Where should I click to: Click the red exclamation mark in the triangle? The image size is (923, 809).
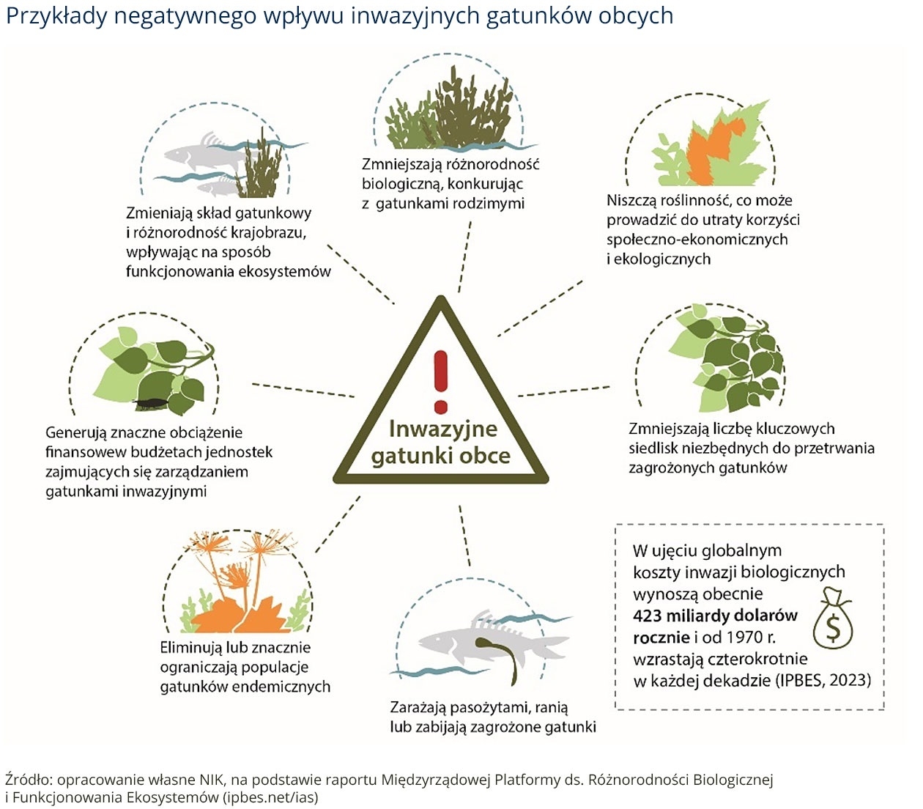pyautogui.click(x=440, y=382)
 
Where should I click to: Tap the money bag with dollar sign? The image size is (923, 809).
pyautogui.click(x=832, y=618)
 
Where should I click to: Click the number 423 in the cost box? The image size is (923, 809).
pyautogui.click(x=647, y=616)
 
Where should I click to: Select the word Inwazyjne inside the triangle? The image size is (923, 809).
pyautogui.click(x=443, y=429)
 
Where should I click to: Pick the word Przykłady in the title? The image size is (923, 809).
pyautogui.click(x=57, y=16)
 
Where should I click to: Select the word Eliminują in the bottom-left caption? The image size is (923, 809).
pyautogui.click(x=190, y=648)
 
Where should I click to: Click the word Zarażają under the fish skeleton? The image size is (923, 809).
pyautogui.click(x=418, y=708)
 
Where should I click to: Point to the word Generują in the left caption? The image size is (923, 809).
pyautogui.click(x=74, y=432)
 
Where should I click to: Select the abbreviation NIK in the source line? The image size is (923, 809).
pyautogui.click(x=212, y=780)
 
